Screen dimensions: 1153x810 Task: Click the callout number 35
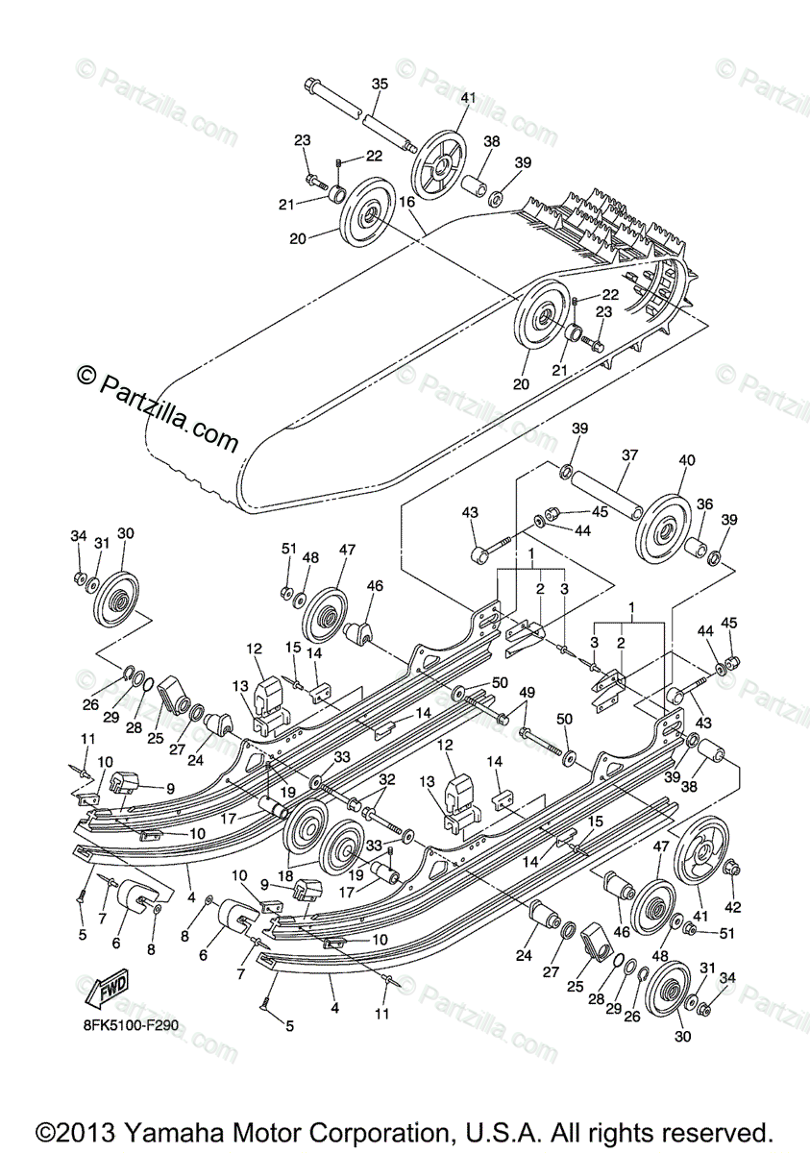click(x=380, y=85)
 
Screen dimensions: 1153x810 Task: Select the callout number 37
click(x=630, y=455)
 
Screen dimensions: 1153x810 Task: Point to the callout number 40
click(x=686, y=460)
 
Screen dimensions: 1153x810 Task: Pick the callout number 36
click(x=705, y=503)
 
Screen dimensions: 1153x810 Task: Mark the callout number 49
click(x=526, y=694)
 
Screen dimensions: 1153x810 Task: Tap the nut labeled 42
click(x=731, y=869)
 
